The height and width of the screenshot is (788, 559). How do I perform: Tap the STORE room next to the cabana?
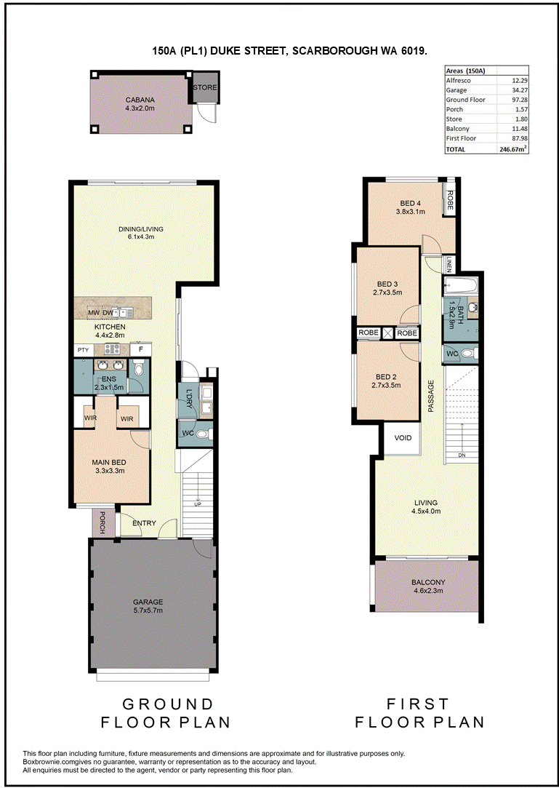pos(205,87)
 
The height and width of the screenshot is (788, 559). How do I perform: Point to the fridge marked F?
pos(140,349)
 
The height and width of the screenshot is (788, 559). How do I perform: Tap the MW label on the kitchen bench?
pos(94,313)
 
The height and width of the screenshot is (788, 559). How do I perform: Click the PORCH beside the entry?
pos(102,522)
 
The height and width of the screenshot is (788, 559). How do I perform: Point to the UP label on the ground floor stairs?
pos(198,504)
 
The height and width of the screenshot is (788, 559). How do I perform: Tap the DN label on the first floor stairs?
pos(461,455)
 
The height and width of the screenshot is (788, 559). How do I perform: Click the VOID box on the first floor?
pos(403,438)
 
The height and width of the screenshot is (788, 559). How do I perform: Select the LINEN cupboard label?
pos(450,263)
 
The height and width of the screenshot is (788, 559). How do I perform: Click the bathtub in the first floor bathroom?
pos(461,287)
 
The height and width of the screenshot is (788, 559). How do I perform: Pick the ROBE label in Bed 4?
pos(450,201)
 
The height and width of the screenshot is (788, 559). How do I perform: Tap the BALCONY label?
pos(428,583)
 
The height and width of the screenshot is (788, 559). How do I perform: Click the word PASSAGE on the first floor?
pos(430,397)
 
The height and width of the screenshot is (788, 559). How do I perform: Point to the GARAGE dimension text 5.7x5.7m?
pos(148,610)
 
